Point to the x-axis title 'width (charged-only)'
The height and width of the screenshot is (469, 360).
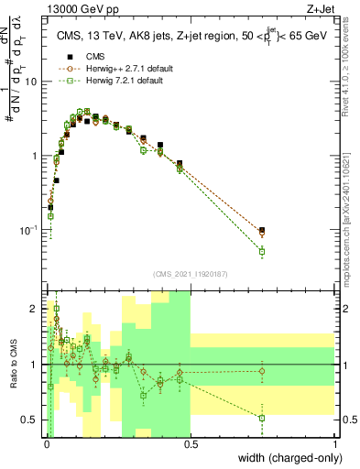click(x=285, y=458)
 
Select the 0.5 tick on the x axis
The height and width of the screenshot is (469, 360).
click(x=191, y=444)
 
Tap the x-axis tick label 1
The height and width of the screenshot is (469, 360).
click(x=334, y=444)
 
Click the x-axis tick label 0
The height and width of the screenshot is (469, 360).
click(x=47, y=444)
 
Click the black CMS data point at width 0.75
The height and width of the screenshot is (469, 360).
click(x=263, y=230)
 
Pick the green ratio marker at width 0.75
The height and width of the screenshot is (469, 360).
click(x=263, y=418)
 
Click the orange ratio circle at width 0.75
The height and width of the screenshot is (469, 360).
click(x=263, y=371)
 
